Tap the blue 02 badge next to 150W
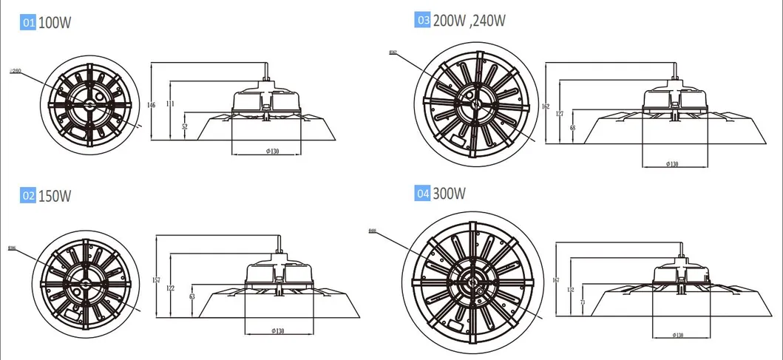coord(28,196)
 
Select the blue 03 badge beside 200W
coord(423,21)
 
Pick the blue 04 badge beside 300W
coord(423,194)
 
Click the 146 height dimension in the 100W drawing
coord(152,106)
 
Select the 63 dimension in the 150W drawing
coord(192,296)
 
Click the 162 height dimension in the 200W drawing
coord(546,106)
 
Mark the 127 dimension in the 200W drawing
coord(560,114)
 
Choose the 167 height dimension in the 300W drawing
coord(557,280)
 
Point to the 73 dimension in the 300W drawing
coord(583,302)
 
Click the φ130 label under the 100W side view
coord(268,152)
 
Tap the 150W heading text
coord(56,196)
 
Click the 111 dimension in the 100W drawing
coord(171,105)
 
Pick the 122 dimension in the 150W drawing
coord(172,288)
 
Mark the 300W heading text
coord(449,194)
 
